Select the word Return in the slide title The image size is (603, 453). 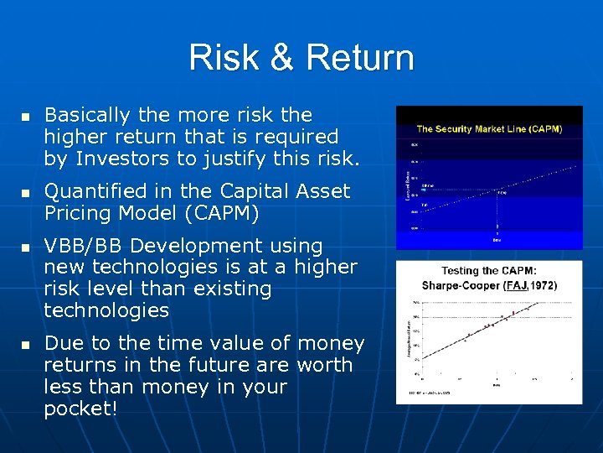point(360,58)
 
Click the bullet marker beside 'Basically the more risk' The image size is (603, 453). point(25,116)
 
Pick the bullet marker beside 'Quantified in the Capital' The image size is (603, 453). point(25,193)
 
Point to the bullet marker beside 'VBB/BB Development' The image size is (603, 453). point(25,247)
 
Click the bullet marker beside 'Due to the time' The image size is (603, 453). point(25,345)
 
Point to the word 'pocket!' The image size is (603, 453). point(80,409)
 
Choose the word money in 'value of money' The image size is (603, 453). point(331,343)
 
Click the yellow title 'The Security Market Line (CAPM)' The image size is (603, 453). point(489,129)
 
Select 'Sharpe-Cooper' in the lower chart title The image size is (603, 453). point(461,285)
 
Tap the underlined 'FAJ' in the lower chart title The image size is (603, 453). point(515,285)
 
